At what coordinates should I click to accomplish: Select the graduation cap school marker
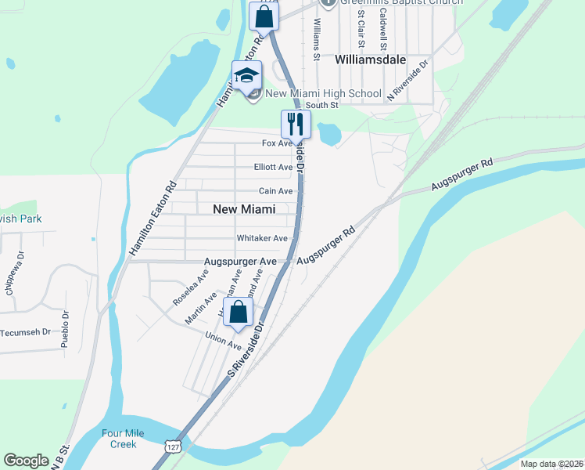click(246, 76)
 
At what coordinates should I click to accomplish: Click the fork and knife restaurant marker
click(296, 124)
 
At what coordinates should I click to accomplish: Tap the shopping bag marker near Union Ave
click(239, 312)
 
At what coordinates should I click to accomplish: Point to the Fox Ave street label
click(277, 143)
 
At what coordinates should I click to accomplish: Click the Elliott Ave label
click(273, 167)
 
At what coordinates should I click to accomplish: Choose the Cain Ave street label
click(275, 191)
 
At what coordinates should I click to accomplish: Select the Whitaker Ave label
click(263, 238)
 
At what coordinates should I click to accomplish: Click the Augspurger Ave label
click(240, 261)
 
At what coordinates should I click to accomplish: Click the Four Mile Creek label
click(118, 439)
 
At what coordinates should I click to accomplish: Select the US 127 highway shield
click(171, 446)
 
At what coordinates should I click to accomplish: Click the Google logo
click(26, 461)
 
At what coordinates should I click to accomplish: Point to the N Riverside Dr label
click(408, 81)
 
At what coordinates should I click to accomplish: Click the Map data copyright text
click(551, 464)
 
